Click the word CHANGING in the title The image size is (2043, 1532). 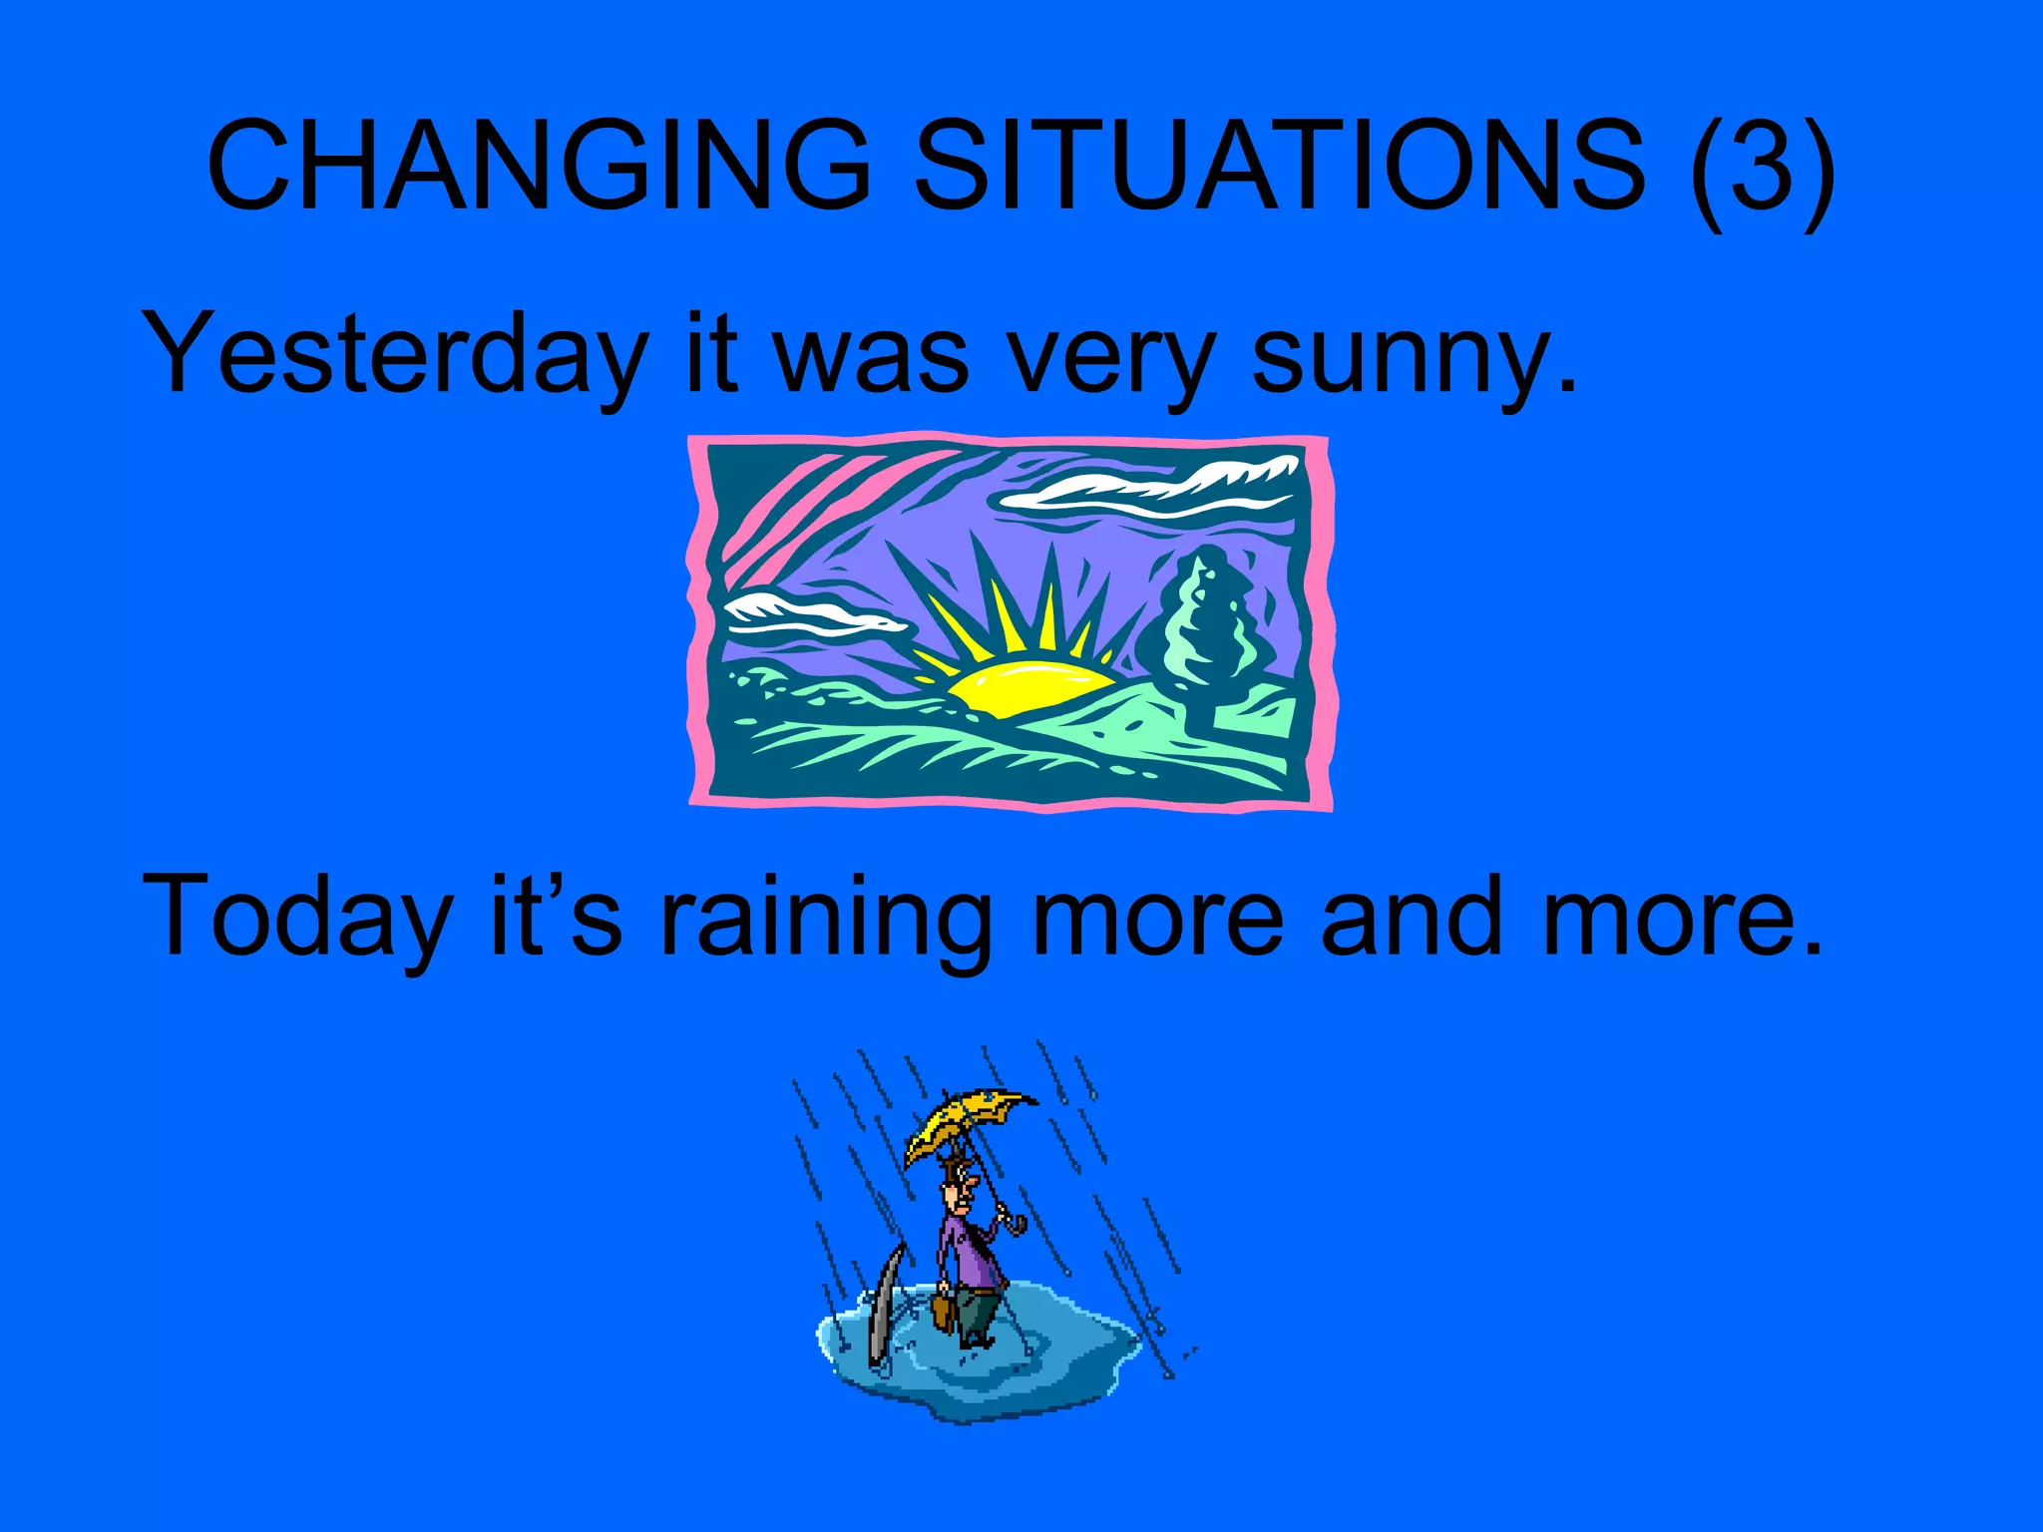[539, 166]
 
